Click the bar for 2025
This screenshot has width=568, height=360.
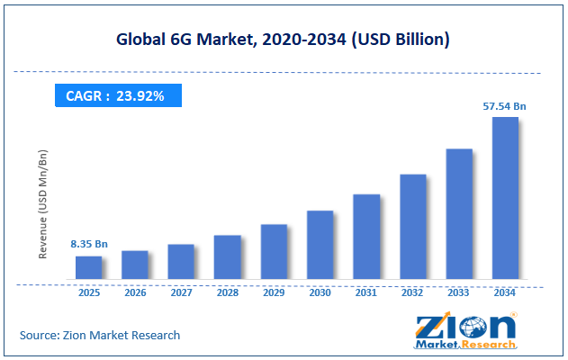pos(88,267)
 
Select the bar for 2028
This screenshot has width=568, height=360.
pos(227,256)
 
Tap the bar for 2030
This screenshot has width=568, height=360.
pos(320,245)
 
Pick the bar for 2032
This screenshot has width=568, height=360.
pos(412,226)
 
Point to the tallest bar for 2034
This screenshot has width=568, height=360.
pos(505,198)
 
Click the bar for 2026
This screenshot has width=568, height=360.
pos(134,265)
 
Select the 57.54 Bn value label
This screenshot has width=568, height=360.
pos(504,106)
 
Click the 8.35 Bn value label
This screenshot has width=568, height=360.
pos(89,244)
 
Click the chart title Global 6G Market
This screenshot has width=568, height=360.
pos(283,40)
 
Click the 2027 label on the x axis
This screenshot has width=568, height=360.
pos(181,292)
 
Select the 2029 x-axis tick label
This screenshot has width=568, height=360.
pos(274,292)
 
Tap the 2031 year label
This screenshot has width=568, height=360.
pos(366,292)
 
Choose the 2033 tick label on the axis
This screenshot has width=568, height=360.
pos(459,292)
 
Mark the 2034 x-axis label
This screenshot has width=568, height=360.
pos(505,292)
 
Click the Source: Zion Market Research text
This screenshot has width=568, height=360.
pos(100,335)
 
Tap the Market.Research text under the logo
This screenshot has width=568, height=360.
pos(465,345)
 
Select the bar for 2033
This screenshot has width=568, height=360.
pos(459,213)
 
